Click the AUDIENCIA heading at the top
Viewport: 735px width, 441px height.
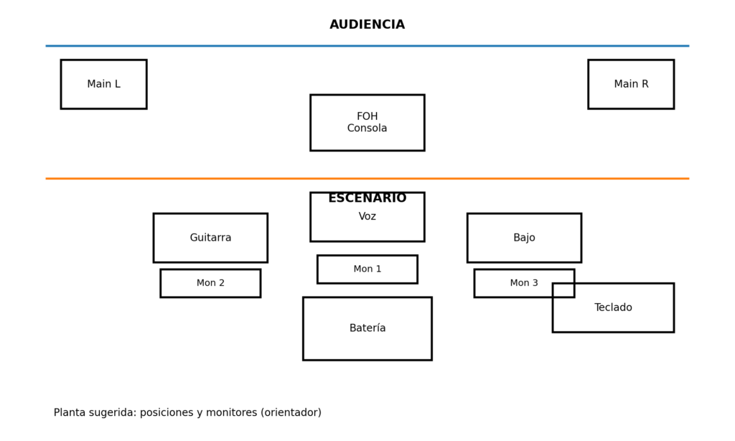tap(367, 25)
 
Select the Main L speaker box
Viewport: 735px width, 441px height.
tap(103, 84)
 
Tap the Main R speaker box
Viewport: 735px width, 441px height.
tap(630, 84)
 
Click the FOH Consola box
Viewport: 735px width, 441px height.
tap(367, 122)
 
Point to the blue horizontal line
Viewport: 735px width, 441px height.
tap(215, 46)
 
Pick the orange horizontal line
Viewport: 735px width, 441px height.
tap(215, 178)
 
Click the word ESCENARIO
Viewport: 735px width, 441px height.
tap(367, 198)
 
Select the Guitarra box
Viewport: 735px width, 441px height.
tap(210, 238)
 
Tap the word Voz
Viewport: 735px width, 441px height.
tap(367, 217)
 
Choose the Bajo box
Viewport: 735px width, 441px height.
tap(524, 238)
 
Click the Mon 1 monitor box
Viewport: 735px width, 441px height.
tap(367, 269)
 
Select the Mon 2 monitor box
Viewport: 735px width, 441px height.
tap(210, 283)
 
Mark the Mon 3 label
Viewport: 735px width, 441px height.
tap(524, 283)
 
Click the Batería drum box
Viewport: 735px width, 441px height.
tap(367, 328)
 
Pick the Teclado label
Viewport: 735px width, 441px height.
tap(613, 307)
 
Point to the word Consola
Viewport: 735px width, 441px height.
tap(367, 129)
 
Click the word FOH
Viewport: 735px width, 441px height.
tap(367, 116)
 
